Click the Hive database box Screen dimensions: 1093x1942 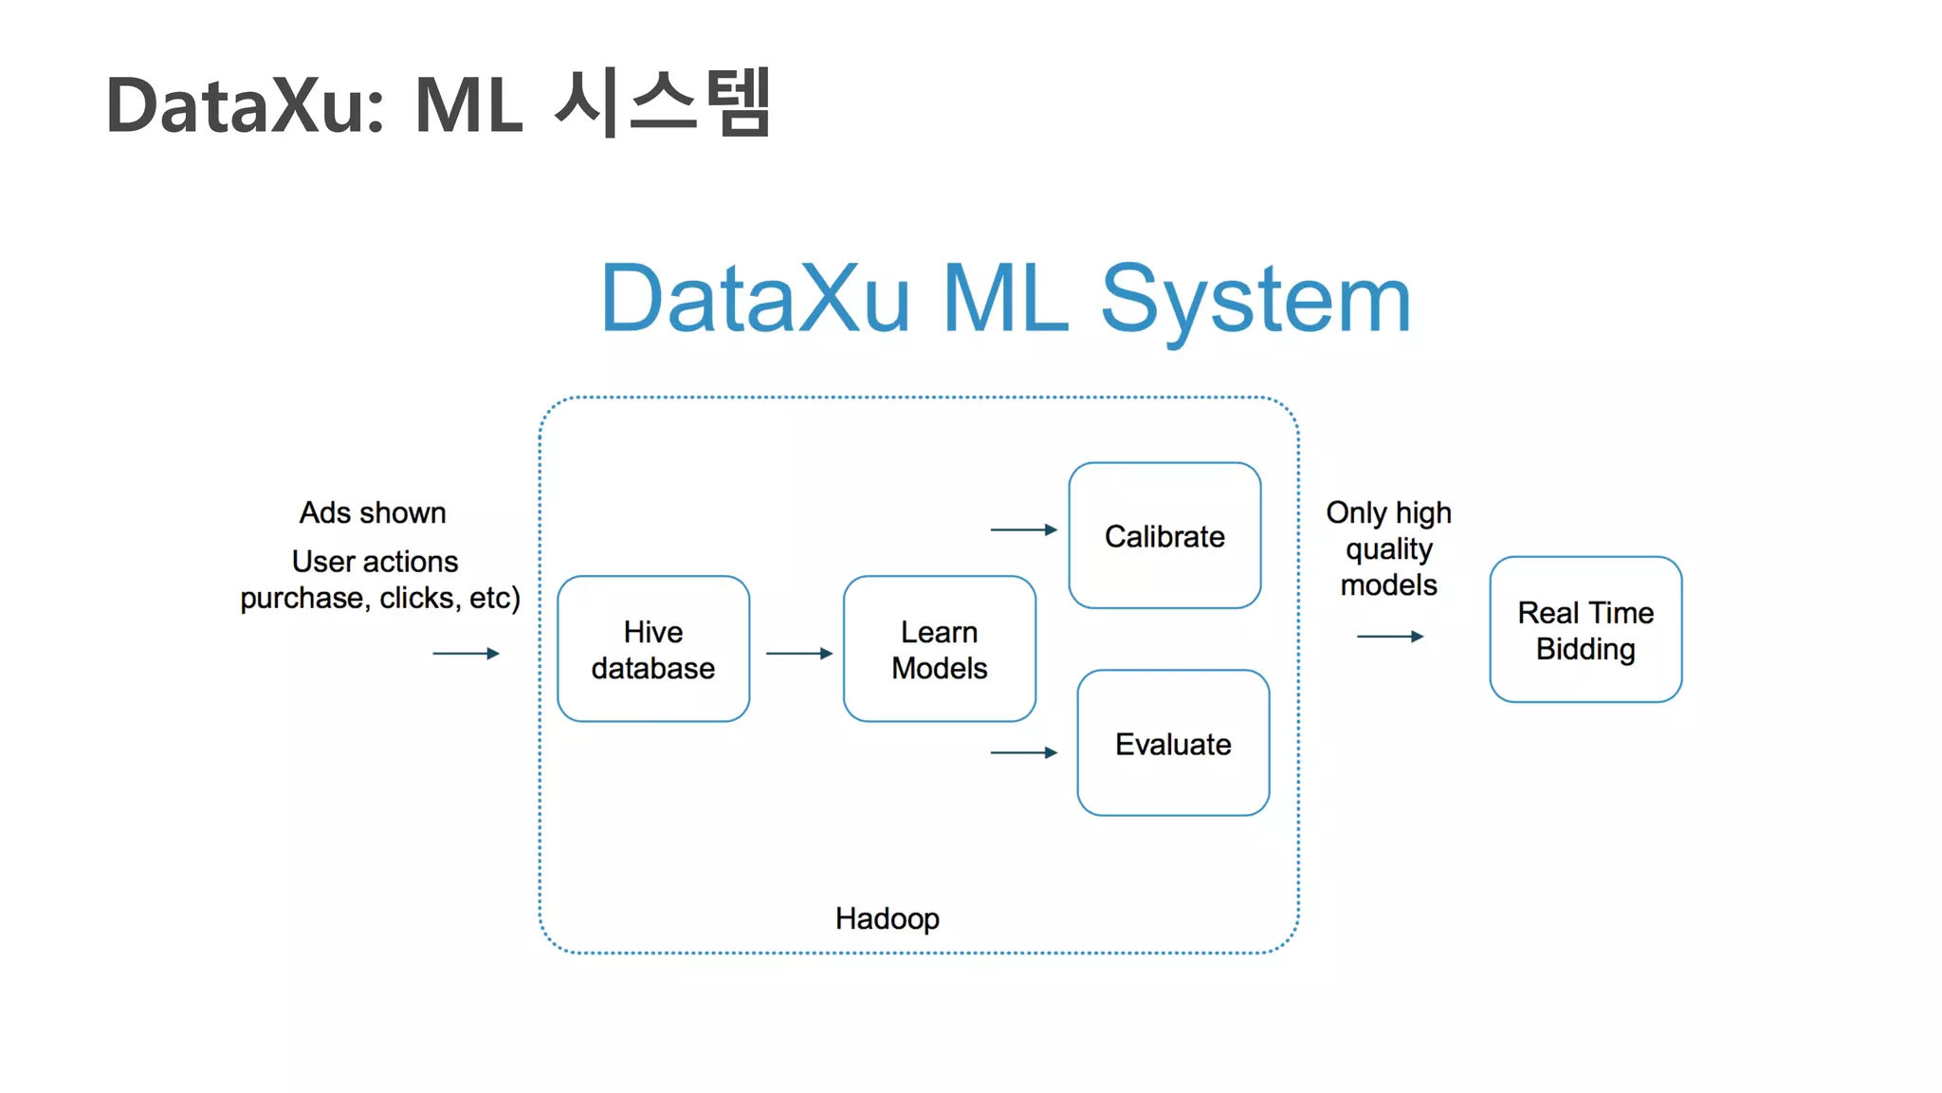[653, 649]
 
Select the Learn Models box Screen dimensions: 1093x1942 [939, 649]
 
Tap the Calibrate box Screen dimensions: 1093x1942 [1164, 536]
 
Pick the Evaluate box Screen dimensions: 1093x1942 [1173, 743]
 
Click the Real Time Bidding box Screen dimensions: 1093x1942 [1585, 630]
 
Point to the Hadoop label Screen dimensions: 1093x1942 [887, 918]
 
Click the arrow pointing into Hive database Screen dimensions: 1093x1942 [466, 654]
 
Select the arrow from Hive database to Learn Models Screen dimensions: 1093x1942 [798, 654]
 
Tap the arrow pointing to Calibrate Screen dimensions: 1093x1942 [1023, 529]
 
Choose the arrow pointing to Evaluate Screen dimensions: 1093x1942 [1023, 752]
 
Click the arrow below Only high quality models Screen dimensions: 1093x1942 [1390, 637]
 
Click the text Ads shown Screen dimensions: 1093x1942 [373, 512]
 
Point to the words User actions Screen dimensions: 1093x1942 [375, 562]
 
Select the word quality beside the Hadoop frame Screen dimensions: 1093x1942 [1389, 549]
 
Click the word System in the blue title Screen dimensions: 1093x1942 [1255, 300]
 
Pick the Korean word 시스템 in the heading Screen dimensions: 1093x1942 [662, 102]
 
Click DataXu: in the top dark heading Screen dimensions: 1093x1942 [246, 104]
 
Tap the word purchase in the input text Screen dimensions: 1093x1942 [302, 599]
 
